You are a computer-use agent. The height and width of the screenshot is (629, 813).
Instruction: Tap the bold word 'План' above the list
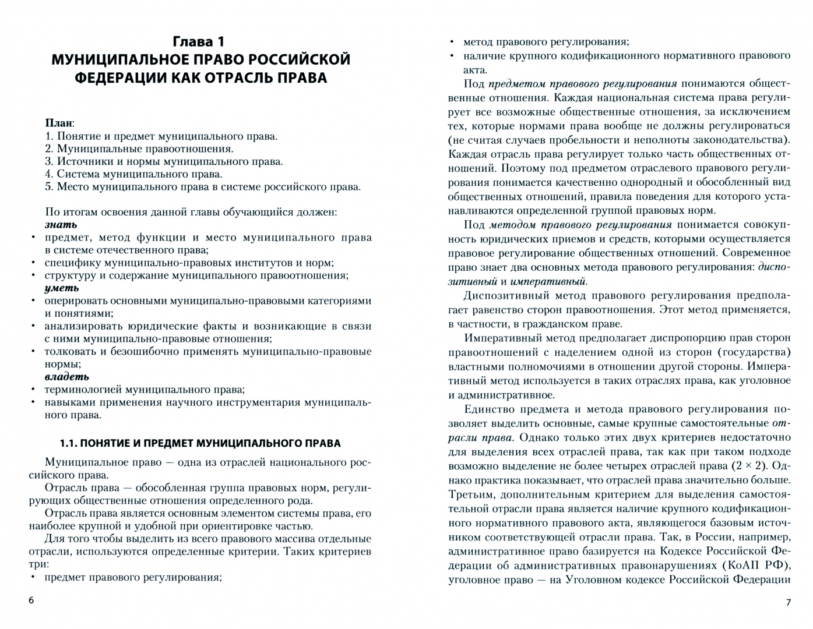59,123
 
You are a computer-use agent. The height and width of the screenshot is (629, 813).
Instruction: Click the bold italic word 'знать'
61,224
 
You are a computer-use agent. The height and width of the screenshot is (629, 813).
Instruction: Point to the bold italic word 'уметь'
61,288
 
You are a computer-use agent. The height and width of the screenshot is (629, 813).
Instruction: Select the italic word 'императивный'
548,281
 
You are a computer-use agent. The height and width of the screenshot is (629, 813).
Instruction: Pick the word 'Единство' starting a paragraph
485,409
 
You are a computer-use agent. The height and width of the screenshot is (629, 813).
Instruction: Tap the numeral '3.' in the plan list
50,162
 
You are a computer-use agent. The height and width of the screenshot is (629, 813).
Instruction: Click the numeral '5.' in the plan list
50,187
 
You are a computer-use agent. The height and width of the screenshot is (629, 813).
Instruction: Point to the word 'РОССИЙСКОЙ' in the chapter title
299,59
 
